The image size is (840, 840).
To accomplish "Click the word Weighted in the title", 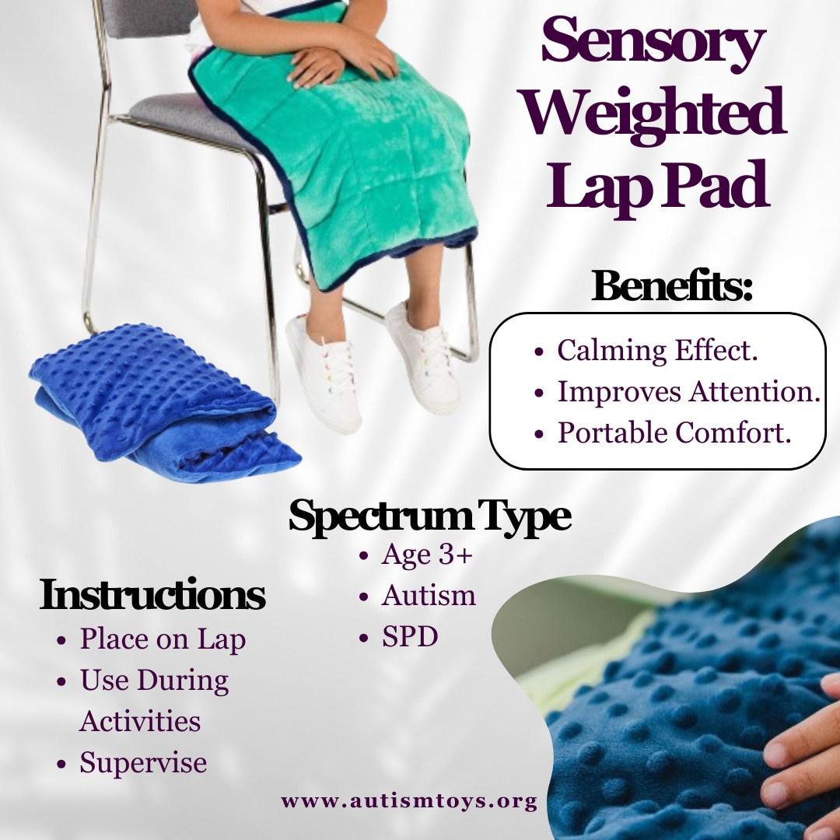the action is click(x=654, y=113).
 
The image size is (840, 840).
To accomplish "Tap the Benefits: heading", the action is click(x=672, y=286).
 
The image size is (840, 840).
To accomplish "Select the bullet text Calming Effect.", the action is click(x=657, y=351).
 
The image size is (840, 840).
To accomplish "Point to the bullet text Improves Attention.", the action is click(x=689, y=391).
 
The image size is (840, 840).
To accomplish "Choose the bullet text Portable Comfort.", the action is click(x=674, y=433).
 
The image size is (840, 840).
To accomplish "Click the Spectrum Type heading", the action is click(x=429, y=516).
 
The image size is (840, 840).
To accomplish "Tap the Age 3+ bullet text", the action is click(x=427, y=555).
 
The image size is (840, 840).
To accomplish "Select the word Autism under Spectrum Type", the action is click(x=429, y=596).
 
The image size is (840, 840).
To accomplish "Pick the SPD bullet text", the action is click(x=410, y=637).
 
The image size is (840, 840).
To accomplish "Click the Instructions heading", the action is click(x=152, y=595).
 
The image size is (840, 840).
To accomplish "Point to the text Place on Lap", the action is click(x=163, y=639).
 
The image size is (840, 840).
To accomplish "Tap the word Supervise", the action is click(x=143, y=763).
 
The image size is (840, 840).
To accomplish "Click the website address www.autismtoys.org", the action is click(x=409, y=801).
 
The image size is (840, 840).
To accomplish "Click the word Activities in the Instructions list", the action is click(x=140, y=721).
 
